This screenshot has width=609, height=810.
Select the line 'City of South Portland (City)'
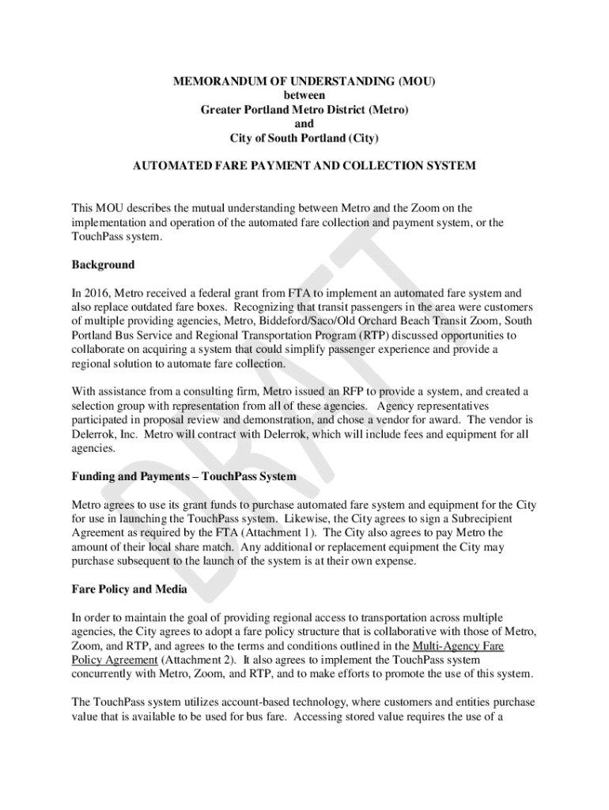coord(304,138)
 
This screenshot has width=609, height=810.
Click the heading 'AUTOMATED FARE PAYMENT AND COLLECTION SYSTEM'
coord(304,166)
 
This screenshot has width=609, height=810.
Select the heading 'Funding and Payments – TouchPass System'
coord(184,476)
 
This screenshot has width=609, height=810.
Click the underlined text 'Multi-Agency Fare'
coord(453,646)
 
